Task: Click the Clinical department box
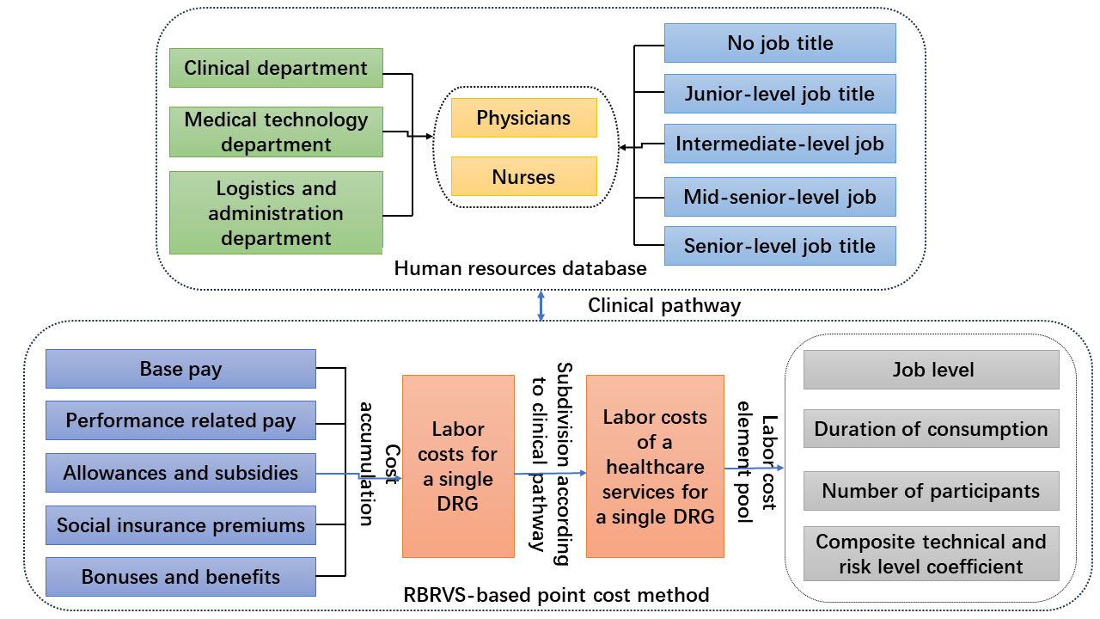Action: [x=276, y=68]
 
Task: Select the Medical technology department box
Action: [x=276, y=132]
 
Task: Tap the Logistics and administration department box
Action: [x=276, y=212]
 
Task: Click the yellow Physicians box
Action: [x=523, y=118]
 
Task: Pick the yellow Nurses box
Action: [x=523, y=176]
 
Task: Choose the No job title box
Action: [x=779, y=43]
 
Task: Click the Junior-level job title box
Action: [x=779, y=94]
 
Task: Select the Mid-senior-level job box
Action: [x=779, y=197]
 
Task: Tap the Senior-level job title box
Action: [x=779, y=246]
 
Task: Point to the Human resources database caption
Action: [x=520, y=269]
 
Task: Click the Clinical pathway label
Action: [x=663, y=305]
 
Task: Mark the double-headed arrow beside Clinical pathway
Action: [x=541, y=306]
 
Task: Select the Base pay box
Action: [x=180, y=370]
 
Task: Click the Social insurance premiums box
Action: [x=180, y=524]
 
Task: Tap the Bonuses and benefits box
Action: [x=180, y=576]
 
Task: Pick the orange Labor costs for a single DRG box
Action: [x=457, y=465]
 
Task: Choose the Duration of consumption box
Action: [x=931, y=428]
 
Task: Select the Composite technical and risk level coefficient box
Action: [x=931, y=554]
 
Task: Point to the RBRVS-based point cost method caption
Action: [x=556, y=595]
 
